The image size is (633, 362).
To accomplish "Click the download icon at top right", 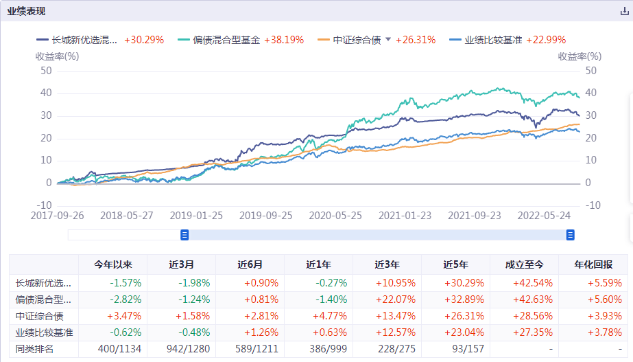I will (623, 11).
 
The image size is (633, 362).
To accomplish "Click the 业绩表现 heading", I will (27, 11).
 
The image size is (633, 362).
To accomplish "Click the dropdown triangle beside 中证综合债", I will (388, 40).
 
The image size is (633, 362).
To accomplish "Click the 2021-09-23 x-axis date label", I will (475, 214).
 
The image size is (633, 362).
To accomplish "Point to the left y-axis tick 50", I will (47, 70).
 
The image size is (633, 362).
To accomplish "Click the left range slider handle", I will (184, 235).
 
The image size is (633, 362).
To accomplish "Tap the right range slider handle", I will (570, 235).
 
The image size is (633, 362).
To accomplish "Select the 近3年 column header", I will (387, 264).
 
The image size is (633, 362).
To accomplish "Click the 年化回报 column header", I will (593, 264).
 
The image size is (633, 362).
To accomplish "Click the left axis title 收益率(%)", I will (57, 56).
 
